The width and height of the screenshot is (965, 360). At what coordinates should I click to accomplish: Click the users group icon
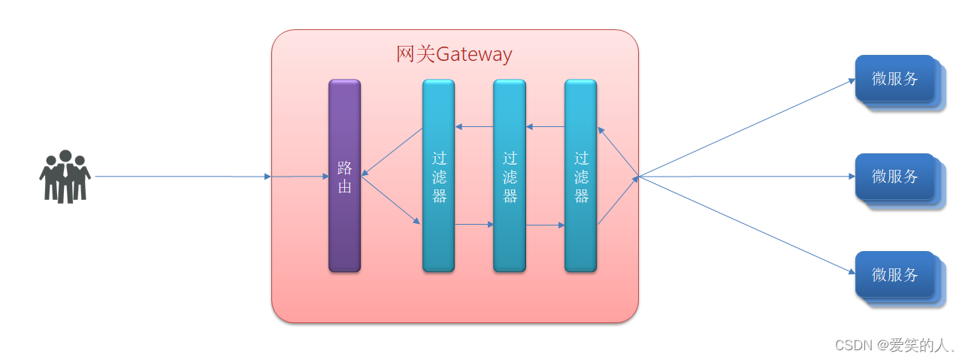pos(65,177)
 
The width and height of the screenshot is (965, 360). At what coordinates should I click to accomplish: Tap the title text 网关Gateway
pos(454,55)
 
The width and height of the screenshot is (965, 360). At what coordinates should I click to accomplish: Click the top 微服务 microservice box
pos(895,78)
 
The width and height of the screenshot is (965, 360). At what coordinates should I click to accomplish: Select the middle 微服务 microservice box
pos(895,177)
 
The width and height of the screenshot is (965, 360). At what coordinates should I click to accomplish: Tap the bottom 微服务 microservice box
pos(895,274)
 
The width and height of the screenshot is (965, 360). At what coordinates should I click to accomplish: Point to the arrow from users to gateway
pos(180,177)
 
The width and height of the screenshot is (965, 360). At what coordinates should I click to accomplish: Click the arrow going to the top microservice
pos(744,128)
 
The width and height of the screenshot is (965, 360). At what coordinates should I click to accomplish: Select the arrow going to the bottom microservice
pos(744,225)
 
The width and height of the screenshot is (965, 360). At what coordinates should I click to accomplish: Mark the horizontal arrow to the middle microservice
pos(744,177)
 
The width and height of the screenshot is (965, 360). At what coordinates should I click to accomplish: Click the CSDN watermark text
pos(894,345)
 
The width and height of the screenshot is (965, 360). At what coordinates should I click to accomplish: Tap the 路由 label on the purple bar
pos(344,177)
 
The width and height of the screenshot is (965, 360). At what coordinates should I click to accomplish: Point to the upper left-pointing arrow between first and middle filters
pos(473,126)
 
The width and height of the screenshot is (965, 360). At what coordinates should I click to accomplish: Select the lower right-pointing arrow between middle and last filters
pos(545,225)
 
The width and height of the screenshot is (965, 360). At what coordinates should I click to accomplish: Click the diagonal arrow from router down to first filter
pos(391,200)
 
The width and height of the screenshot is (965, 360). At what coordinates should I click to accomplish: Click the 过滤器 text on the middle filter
pos(510,177)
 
